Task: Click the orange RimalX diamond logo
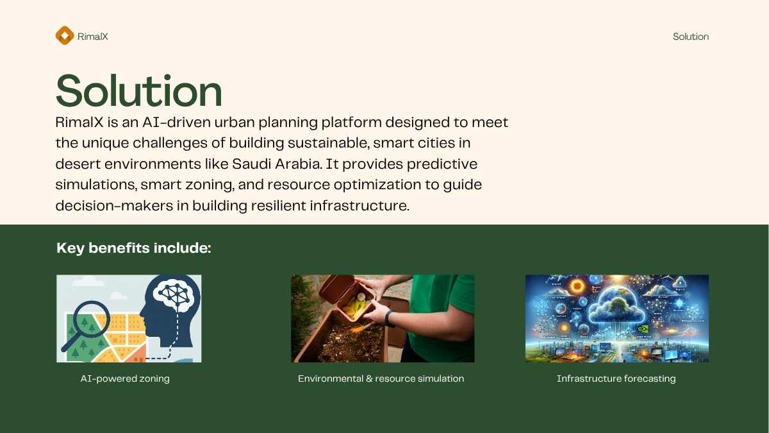click(65, 35)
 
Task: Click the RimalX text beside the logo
click(93, 37)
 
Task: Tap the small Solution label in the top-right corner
click(691, 37)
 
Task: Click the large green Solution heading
click(138, 90)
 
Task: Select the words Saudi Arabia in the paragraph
click(277, 164)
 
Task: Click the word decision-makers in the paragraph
click(114, 205)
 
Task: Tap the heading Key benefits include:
click(133, 248)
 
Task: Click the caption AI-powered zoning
click(125, 378)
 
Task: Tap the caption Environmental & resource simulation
click(381, 378)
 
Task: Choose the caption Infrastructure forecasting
click(616, 378)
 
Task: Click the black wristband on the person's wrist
click(388, 319)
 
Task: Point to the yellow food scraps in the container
click(355, 307)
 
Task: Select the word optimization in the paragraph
click(377, 185)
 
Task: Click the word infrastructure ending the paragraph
click(360, 205)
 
